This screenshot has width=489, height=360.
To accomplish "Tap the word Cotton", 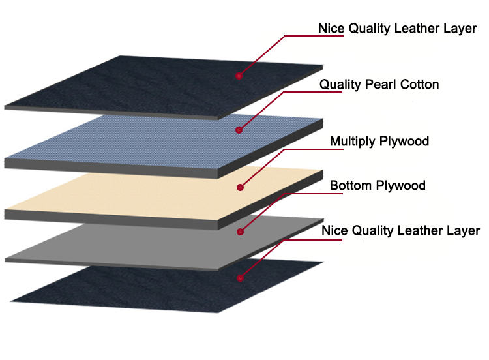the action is [419, 85].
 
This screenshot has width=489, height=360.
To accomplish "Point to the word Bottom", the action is [351, 186].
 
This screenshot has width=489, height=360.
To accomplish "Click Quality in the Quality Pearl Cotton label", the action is [340, 85].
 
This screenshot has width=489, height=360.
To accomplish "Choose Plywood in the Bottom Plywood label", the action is [401, 186].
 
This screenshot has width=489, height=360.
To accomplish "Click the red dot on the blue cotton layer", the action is [239, 130].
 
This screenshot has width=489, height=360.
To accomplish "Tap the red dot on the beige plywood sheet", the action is [240, 187].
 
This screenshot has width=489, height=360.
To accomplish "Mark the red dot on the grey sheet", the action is [240, 232].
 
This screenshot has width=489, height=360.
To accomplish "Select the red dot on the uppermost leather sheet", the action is [239, 76].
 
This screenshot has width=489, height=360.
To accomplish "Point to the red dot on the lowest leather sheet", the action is [240, 278].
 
